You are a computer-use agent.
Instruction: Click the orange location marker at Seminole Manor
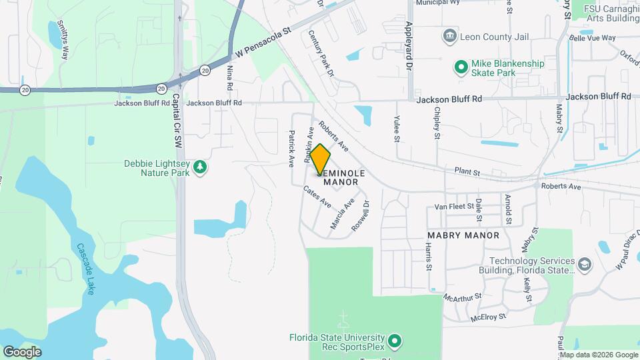(320, 159)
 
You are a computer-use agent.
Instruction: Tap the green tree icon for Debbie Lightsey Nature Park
(199, 168)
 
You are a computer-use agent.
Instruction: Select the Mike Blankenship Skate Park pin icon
(460, 67)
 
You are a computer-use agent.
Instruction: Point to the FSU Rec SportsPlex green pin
(395, 342)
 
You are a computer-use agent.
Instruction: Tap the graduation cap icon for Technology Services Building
(585, 265)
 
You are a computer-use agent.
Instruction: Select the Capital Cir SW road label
(177, 119)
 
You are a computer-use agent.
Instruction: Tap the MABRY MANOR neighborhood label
(463, 235)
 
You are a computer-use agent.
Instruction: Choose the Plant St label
(467, 172)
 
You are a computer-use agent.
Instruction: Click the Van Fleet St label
(453, 207)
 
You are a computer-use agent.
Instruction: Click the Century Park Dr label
(321, 54)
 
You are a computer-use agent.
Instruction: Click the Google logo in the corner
(22, 351)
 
